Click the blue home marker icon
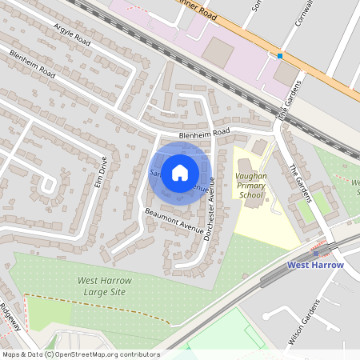pos(180,172)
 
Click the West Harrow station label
pos(315,265)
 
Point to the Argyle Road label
pos(74,36)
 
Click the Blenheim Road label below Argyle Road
pos(32,64)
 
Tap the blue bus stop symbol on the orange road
pos(280,56)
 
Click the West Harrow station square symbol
pos(316,253)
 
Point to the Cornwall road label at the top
pos(303,12)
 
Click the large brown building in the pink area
pos(218,51)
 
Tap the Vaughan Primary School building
pos(255,198)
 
